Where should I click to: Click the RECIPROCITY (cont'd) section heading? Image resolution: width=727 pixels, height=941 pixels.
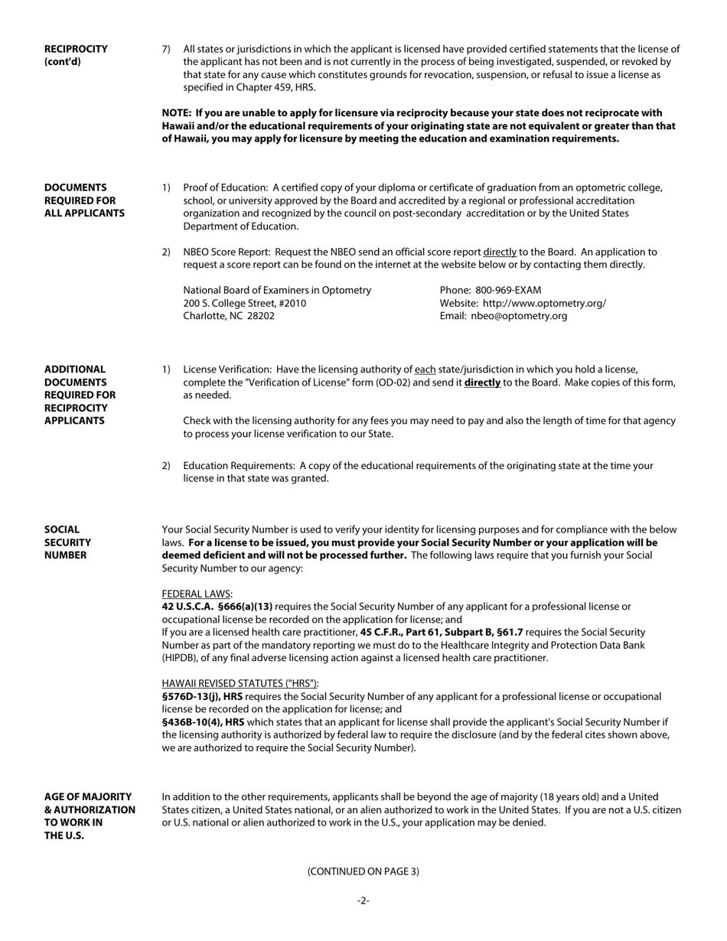pyautogui.click(x=76, y=55)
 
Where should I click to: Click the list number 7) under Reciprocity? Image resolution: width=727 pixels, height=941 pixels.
pyautogui.click(x=166, y=49)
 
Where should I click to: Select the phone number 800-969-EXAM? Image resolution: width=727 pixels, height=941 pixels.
pyautogui.click(x=508, y=290)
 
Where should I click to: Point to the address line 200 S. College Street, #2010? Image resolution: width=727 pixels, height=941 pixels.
pyautogui.click(x=244, y=303)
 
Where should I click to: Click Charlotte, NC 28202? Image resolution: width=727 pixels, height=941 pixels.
pyautogui.click(x=229, y=316)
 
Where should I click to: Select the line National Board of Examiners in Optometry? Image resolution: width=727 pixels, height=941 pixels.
pyautogui.click(x=277, y=290)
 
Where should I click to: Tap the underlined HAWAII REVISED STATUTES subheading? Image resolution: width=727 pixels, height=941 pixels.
pyautogui.click(x=240, y=683)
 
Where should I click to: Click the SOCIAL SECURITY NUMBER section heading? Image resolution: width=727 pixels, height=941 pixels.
pyautogui.click(x=67, y=542)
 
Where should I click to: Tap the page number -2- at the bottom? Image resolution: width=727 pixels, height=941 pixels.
pyautogui.click(x=363, y=900)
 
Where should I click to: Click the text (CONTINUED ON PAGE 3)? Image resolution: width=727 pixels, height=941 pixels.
pyautogui.click(x=363, y=871)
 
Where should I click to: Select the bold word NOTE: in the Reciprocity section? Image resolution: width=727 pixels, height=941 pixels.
pyautogui.click(x=177, y=113)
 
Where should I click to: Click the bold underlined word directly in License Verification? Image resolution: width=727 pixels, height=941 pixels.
pyautogui.click(x=482, y=383)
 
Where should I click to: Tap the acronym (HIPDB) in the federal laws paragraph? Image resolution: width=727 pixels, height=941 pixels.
pyautogui.click(x=181, y=658)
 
